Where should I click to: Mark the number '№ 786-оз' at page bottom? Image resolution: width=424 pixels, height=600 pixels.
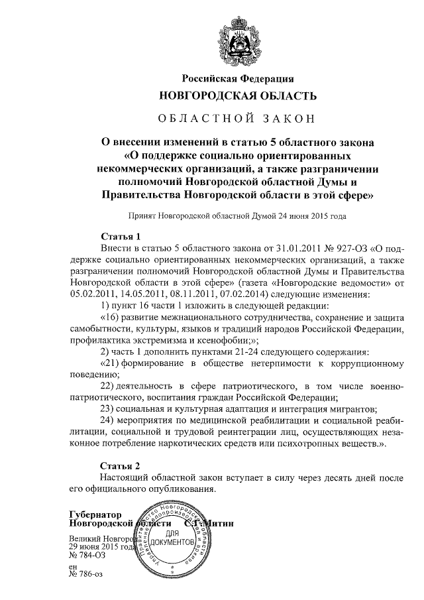pos(87,574)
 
